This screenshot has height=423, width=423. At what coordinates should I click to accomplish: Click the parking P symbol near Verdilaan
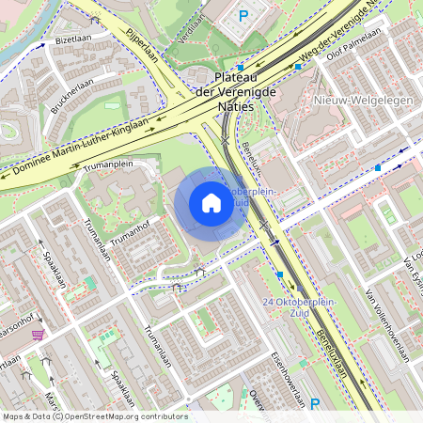click(243, 15)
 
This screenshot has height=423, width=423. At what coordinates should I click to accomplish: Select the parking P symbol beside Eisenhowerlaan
click(315, 404)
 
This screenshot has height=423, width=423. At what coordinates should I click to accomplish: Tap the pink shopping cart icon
click(38, 335)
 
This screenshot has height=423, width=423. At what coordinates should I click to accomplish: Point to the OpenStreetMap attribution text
click(94, 416)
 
